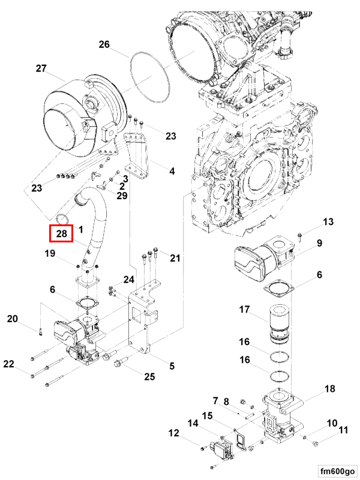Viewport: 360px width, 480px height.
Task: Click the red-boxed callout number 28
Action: point(61,234)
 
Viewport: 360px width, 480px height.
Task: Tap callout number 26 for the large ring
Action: point(104,44)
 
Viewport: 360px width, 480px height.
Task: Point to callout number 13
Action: point(327,223)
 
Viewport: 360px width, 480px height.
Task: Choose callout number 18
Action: point(329,389)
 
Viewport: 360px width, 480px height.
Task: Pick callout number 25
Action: point(149,377)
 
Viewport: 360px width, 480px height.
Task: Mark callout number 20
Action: point(13,319)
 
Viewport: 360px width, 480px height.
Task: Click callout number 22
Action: point(8,364)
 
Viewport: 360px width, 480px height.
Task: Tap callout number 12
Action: point(173,433)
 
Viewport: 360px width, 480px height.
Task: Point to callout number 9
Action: point(320,243)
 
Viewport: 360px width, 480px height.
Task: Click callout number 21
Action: point(175,259)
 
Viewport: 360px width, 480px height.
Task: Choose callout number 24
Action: point(129,279)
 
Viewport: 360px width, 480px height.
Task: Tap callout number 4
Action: point(172,171)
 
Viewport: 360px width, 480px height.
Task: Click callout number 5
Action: point(172,366)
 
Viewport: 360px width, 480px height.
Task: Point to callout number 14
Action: point(193,422)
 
